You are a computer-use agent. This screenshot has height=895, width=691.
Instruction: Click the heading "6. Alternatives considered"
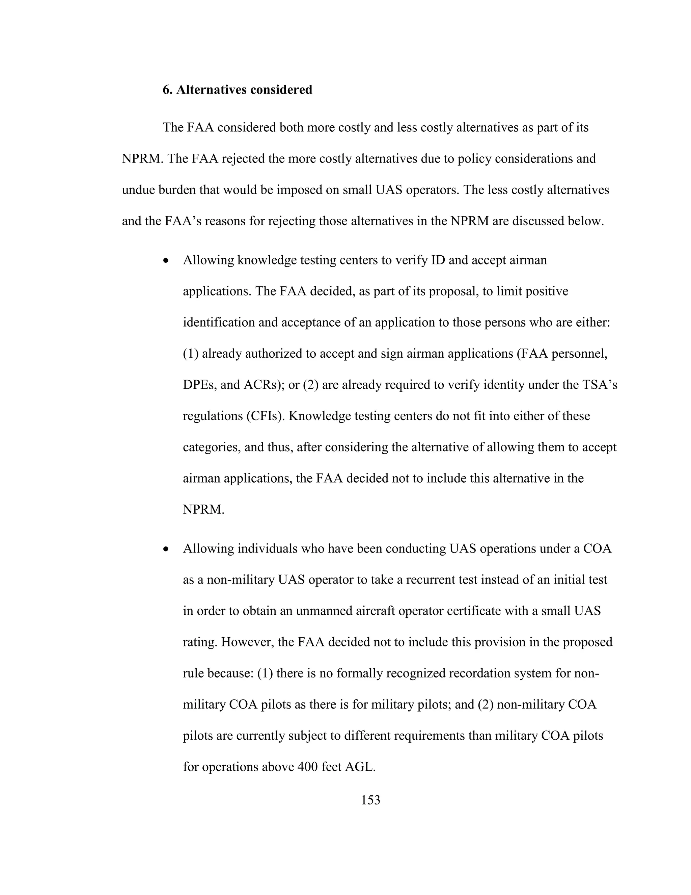[238, 90]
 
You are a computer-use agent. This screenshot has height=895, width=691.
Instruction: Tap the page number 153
[370, 799]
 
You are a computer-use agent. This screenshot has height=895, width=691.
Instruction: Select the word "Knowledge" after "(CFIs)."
[320, 416]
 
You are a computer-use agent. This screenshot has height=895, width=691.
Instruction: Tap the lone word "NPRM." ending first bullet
[203, 509]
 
